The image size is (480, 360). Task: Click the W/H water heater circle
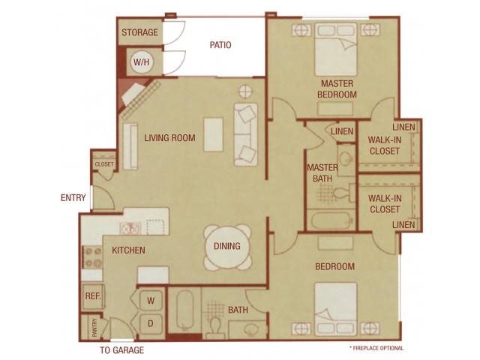click(140, 61)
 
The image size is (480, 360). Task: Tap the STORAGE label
click(140, 32)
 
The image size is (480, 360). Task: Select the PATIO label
click(220, 45)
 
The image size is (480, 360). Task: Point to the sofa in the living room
click(246, 134)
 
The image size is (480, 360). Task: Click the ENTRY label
click(73, 198)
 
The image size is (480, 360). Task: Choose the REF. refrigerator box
click(92, 296)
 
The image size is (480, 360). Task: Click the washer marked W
click(151, 301)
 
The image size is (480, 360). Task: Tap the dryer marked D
click(151, 324)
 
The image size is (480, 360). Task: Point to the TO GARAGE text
click(121, 350)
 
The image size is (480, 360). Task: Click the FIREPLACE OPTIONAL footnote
click(376, 348)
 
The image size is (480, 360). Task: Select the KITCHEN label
click(128, 250)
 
